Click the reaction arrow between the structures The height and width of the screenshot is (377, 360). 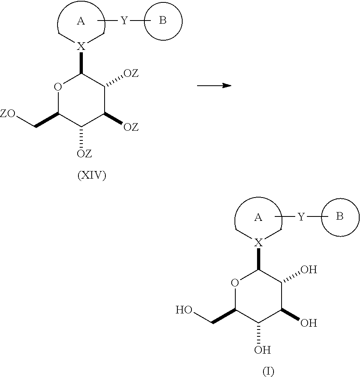tap(214, 85)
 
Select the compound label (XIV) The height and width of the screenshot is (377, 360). tap(92, 176)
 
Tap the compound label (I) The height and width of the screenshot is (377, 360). tap(268, 371)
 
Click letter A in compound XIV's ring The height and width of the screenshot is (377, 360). tap(81, 21)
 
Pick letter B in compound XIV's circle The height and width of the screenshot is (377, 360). tap(163, 21)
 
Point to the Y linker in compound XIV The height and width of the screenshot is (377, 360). tap(124, 21)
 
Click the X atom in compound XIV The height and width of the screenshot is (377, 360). tap(81, 46)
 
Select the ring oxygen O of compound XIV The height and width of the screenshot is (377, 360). tap(58, 87)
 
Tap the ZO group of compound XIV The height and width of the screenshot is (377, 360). tap(8, 113)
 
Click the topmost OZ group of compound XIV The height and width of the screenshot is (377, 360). tap(131, 73)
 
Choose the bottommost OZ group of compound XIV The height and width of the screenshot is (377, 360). tap(84, 153)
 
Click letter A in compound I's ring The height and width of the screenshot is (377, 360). tap(258, 217)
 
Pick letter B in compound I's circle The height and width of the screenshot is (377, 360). tap(339, 216)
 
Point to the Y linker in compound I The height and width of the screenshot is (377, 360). tap(301, 217)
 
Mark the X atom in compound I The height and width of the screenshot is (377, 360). tap(259, 242)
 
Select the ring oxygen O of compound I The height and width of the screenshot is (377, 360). tap(235, 283)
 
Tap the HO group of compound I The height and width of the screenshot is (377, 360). tap(184, 310)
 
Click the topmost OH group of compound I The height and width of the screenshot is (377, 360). tap(309, 270)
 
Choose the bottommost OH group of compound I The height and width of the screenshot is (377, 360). tap(262, 350)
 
